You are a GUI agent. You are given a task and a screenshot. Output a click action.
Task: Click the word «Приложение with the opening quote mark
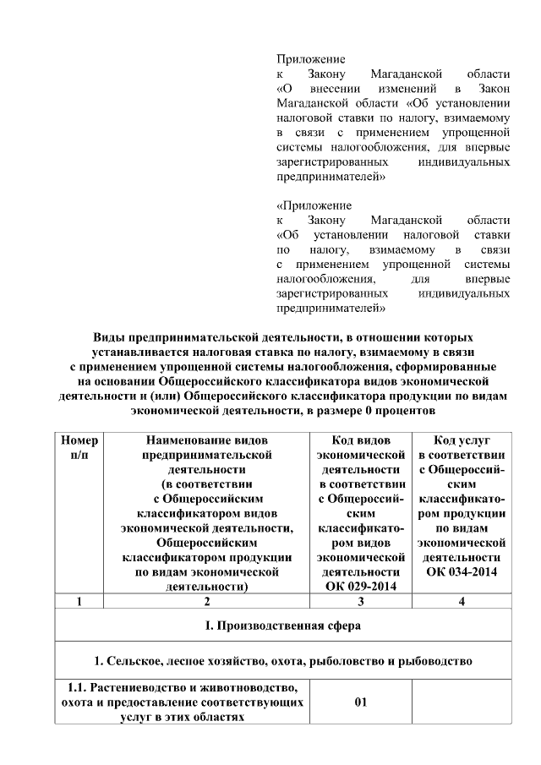point(314,205)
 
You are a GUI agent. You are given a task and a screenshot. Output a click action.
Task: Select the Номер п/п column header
point(79,447)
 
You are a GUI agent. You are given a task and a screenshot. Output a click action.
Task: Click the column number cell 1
point(79,602)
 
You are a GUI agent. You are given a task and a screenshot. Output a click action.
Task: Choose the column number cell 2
point(206,602)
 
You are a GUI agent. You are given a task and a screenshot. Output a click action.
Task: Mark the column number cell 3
point(360,602)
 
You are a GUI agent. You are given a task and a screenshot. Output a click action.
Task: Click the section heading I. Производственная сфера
point(270,626)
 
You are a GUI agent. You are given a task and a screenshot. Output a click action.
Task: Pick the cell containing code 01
point(360,702)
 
